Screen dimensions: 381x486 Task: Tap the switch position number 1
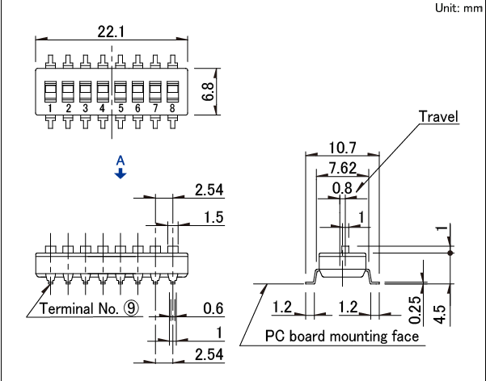[x=50, y=108]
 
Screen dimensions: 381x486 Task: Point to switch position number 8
[x=171, y=108]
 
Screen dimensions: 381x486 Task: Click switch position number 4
[x=102, y=108]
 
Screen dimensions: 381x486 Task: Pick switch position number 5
[x=120, y=108]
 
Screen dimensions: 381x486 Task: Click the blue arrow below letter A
[x=120, y=174]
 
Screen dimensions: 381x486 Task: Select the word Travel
[x=437, y=117]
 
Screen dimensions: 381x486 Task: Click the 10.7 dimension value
[x=344, y=149]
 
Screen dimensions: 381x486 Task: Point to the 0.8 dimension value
[x=344, y=188]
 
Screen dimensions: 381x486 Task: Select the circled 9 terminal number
[x=132, y=309]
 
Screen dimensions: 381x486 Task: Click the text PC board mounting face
[x=342, y=336]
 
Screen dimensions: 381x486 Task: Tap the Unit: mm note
[x=458, y=7]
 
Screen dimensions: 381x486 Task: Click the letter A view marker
[x=120, y=161]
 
